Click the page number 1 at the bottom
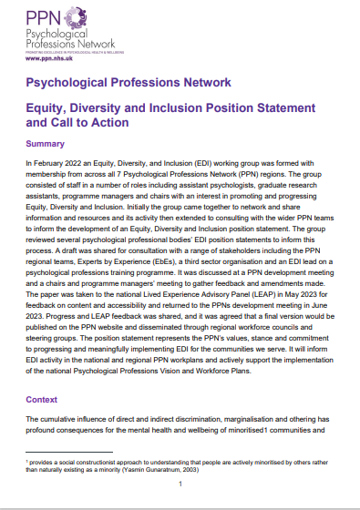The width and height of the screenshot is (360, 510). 180,484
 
